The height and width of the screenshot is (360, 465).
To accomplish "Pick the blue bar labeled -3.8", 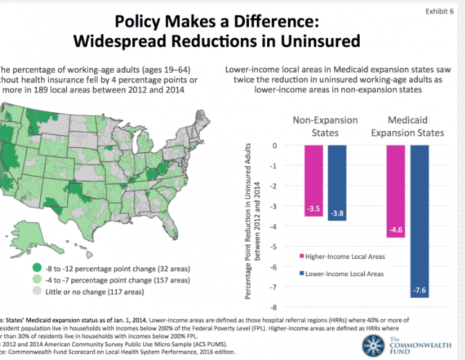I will click(x=337, y=183).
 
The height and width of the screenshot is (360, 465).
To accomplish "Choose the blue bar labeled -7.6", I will click(x=420, y=221).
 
